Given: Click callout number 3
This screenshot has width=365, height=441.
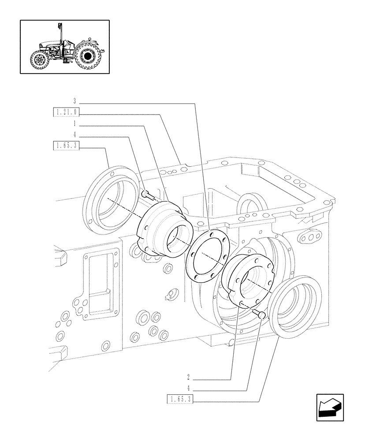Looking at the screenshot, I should pyautogui.click(x=74, y=102).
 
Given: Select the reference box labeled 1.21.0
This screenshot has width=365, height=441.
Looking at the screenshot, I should pyautogui.click(x=67, y=113).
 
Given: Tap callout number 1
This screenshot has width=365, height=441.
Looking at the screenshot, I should pyautogui.click(x=75, y=123).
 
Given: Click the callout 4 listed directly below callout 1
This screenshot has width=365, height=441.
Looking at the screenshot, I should pyautogui.click(x=75, y=135).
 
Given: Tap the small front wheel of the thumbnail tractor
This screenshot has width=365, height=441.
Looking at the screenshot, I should pyautogui.click(x=40, y=60).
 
